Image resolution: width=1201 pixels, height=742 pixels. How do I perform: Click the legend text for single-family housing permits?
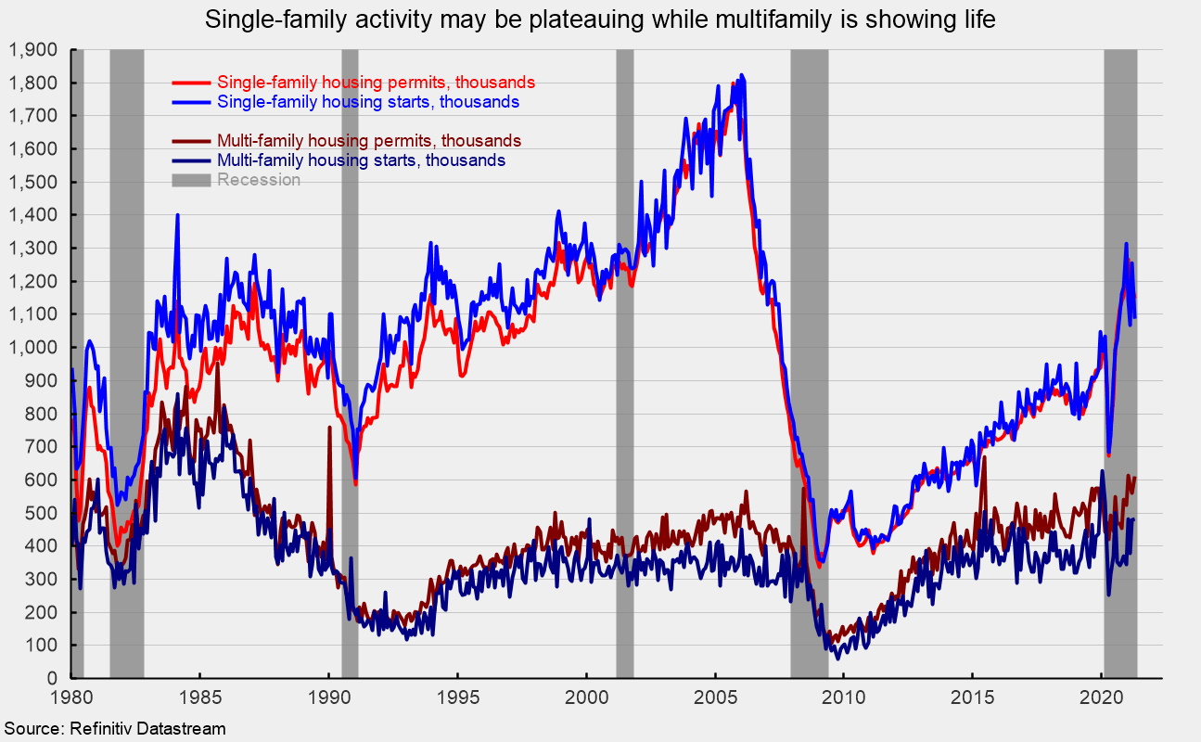[376, 83]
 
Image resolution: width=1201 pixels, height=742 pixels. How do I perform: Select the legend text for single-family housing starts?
[367, 101]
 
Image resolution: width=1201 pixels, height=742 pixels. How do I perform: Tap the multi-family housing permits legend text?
[368, 141]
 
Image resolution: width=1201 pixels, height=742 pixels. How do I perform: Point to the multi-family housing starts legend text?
[361, 160]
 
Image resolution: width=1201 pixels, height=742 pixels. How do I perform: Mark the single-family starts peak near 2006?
[741, 76]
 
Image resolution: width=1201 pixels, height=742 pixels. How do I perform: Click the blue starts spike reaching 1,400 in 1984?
[176, 215]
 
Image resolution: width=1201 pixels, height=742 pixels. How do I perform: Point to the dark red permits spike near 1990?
[328, 428]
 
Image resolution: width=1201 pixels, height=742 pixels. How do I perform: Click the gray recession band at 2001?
[624, 371]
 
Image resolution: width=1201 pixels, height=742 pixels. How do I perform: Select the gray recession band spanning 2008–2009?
[809, 371]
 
